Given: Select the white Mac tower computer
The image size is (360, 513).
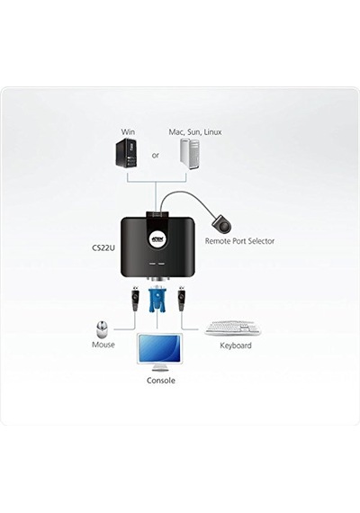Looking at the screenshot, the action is click(189, 154).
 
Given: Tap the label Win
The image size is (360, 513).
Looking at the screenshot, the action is click(128, 131).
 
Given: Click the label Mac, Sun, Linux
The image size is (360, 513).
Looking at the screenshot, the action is click(195, 131).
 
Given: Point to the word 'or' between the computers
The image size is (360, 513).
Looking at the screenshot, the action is click(155, 155).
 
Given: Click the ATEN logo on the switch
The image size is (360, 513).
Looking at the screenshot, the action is click(157, 239).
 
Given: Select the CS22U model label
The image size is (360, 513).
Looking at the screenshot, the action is click(103, 247).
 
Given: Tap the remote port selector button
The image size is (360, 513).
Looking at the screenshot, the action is click(221, 223).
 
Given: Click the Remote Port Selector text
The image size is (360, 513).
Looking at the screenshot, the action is click(239, 241).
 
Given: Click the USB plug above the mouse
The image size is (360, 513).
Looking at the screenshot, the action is click(134, 299).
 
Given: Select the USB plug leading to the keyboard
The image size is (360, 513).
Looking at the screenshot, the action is click(181, 299).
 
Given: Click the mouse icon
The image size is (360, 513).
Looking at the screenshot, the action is click(102, 329).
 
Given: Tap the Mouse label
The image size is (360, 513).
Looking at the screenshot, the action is click(103, 345).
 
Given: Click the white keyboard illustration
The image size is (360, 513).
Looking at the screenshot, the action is click(233, 328).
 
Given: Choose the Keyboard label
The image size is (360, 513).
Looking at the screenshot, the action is click(236, 346).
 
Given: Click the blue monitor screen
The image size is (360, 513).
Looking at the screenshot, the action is click(159, 348).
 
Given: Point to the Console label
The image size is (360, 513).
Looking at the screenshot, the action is click(161, 381).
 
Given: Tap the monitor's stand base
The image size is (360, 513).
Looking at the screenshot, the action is click(160, 368).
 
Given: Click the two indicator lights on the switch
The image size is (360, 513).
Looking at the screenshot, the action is click(157, 263).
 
